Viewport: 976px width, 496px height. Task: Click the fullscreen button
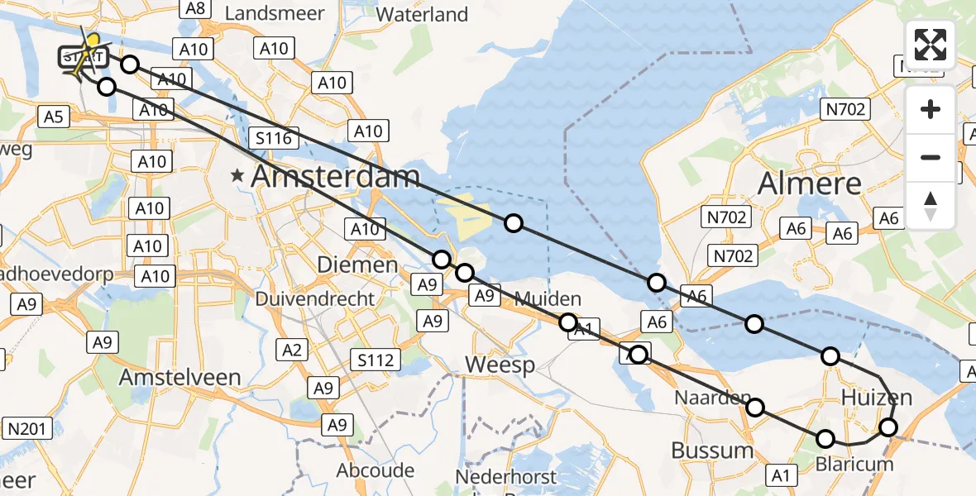tap(931, 45)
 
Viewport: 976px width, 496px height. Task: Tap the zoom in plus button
tap(931, 109)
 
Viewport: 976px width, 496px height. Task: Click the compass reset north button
tap(931, 205)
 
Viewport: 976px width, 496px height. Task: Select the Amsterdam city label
tap(335, 176)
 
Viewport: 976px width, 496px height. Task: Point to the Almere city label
tap(810, 182)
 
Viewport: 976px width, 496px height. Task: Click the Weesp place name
tap(500, 365)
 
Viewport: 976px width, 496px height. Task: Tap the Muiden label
tap(548, 298)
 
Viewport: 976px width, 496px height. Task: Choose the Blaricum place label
tap(855, 464)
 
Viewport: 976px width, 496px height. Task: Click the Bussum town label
tap(712, 451)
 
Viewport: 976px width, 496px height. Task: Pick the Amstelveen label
tap(180, 377)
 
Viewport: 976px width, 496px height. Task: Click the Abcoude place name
tap(376, 470)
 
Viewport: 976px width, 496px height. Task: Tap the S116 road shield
tap(274, 138)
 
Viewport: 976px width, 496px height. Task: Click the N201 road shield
tap(30, 428)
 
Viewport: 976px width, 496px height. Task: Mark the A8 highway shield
tap(195, 8)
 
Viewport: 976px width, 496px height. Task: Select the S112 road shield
tap(375, 360)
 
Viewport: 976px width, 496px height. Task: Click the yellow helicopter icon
tap(89, 46)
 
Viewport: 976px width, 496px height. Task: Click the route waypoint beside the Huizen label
tap(887, 427)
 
